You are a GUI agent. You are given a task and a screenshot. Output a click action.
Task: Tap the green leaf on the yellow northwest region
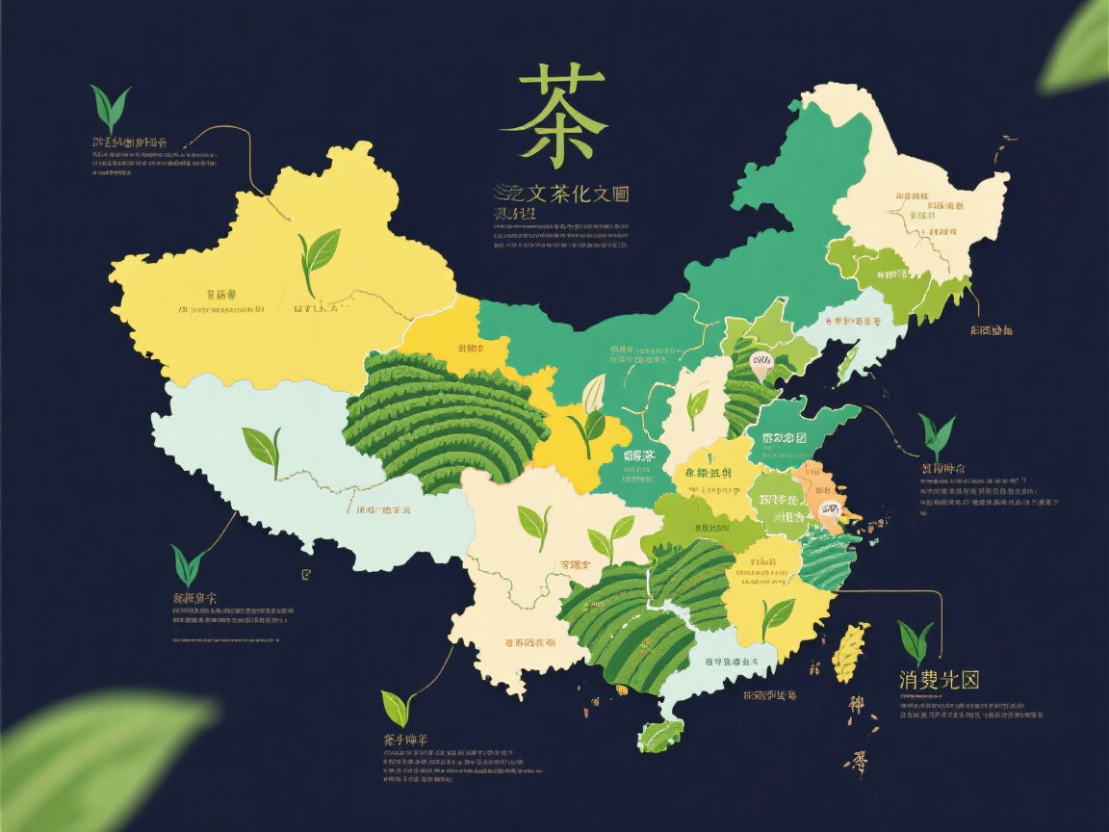318,254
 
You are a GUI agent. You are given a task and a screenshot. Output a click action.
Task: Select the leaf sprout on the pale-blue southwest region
262,448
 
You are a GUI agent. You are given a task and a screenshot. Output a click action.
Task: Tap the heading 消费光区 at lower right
939,680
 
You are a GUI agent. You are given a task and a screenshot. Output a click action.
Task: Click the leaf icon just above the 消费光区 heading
916,640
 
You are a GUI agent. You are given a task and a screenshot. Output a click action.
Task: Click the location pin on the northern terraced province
761,363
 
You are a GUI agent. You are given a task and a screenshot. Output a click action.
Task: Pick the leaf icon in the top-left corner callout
110,108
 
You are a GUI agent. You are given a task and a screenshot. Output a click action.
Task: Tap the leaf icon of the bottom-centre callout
397,708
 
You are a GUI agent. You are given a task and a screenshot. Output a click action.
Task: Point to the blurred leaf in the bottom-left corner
106,761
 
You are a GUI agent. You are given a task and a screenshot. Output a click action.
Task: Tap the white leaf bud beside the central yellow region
595,392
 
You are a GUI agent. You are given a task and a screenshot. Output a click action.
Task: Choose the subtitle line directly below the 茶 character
560,194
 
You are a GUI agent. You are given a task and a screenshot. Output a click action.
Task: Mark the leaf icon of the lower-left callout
188,564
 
